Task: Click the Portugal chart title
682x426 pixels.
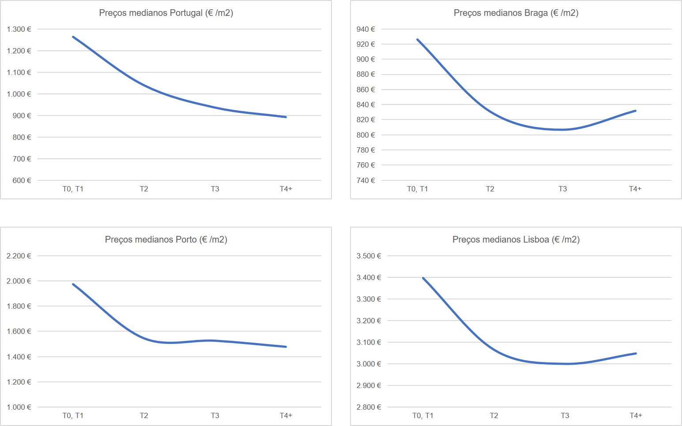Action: [166, 13]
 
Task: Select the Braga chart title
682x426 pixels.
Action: [516, 13]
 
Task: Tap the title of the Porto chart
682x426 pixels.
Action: [166, 239]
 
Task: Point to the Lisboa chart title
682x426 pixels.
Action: [516, 239]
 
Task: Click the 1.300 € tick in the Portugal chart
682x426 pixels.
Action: [19, 29]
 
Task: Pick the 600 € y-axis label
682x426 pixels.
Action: [22, 180]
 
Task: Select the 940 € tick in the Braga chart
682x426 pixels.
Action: [365, 29]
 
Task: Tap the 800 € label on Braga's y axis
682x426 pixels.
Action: [365, 135]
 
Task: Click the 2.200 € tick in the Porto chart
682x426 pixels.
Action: [19, 256]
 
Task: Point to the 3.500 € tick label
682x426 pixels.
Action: [369, 256]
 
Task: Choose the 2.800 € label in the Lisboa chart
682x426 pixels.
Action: [369, 407]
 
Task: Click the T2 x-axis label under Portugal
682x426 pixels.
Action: [144, 189]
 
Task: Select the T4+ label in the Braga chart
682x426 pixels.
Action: [635, 189]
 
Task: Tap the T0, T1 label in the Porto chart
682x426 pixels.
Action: [73, 415]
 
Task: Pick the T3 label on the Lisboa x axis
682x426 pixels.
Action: [565, 415]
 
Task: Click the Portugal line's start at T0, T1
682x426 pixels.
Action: [73, 37]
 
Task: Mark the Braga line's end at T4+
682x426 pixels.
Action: [635, 111]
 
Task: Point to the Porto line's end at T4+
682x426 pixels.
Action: [286, 347]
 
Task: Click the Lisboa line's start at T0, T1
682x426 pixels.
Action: [423, 278]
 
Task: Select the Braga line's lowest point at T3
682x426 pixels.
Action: [563, 130]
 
